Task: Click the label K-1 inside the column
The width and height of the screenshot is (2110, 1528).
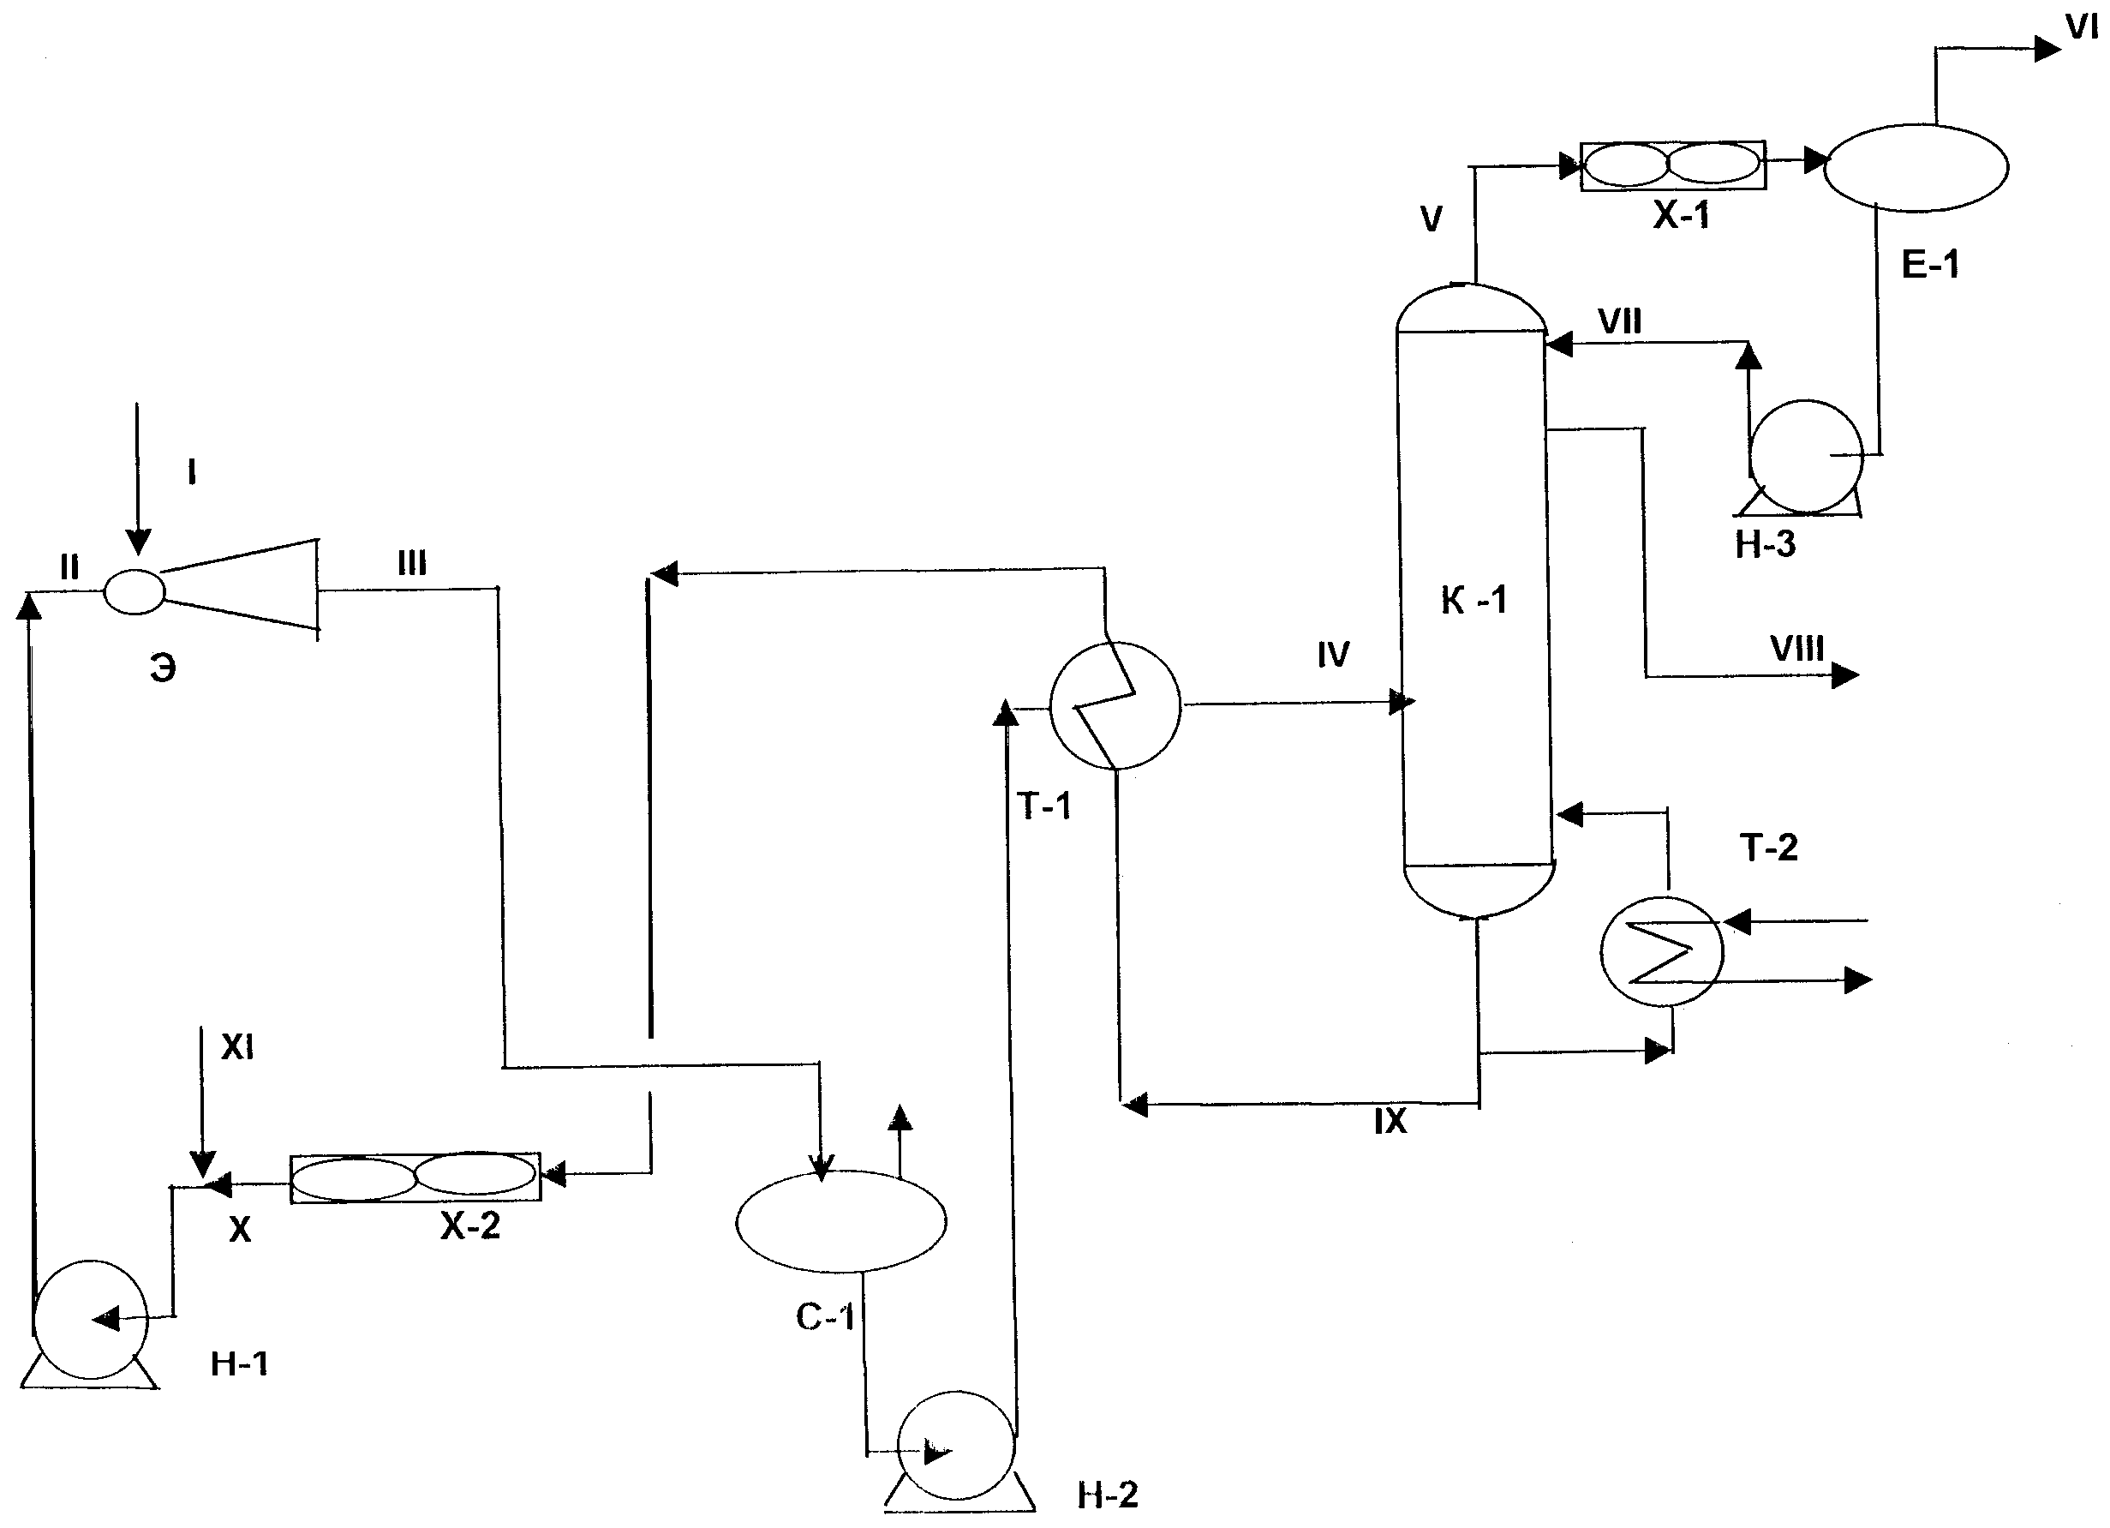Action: [1474, 601]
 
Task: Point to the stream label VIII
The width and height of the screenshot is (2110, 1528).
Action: [1796, 649]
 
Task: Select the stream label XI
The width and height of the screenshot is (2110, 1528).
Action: [237, 1048]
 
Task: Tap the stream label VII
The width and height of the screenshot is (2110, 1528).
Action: [1620, 322]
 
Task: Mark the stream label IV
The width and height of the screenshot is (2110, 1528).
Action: [1333, 655]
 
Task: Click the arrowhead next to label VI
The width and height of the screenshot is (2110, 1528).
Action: [2047, 48]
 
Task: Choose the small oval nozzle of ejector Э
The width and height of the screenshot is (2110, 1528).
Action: [134, 592]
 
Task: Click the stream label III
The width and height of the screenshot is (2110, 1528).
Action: [411, 563]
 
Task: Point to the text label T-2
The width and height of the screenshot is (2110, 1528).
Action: [1768, 848]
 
